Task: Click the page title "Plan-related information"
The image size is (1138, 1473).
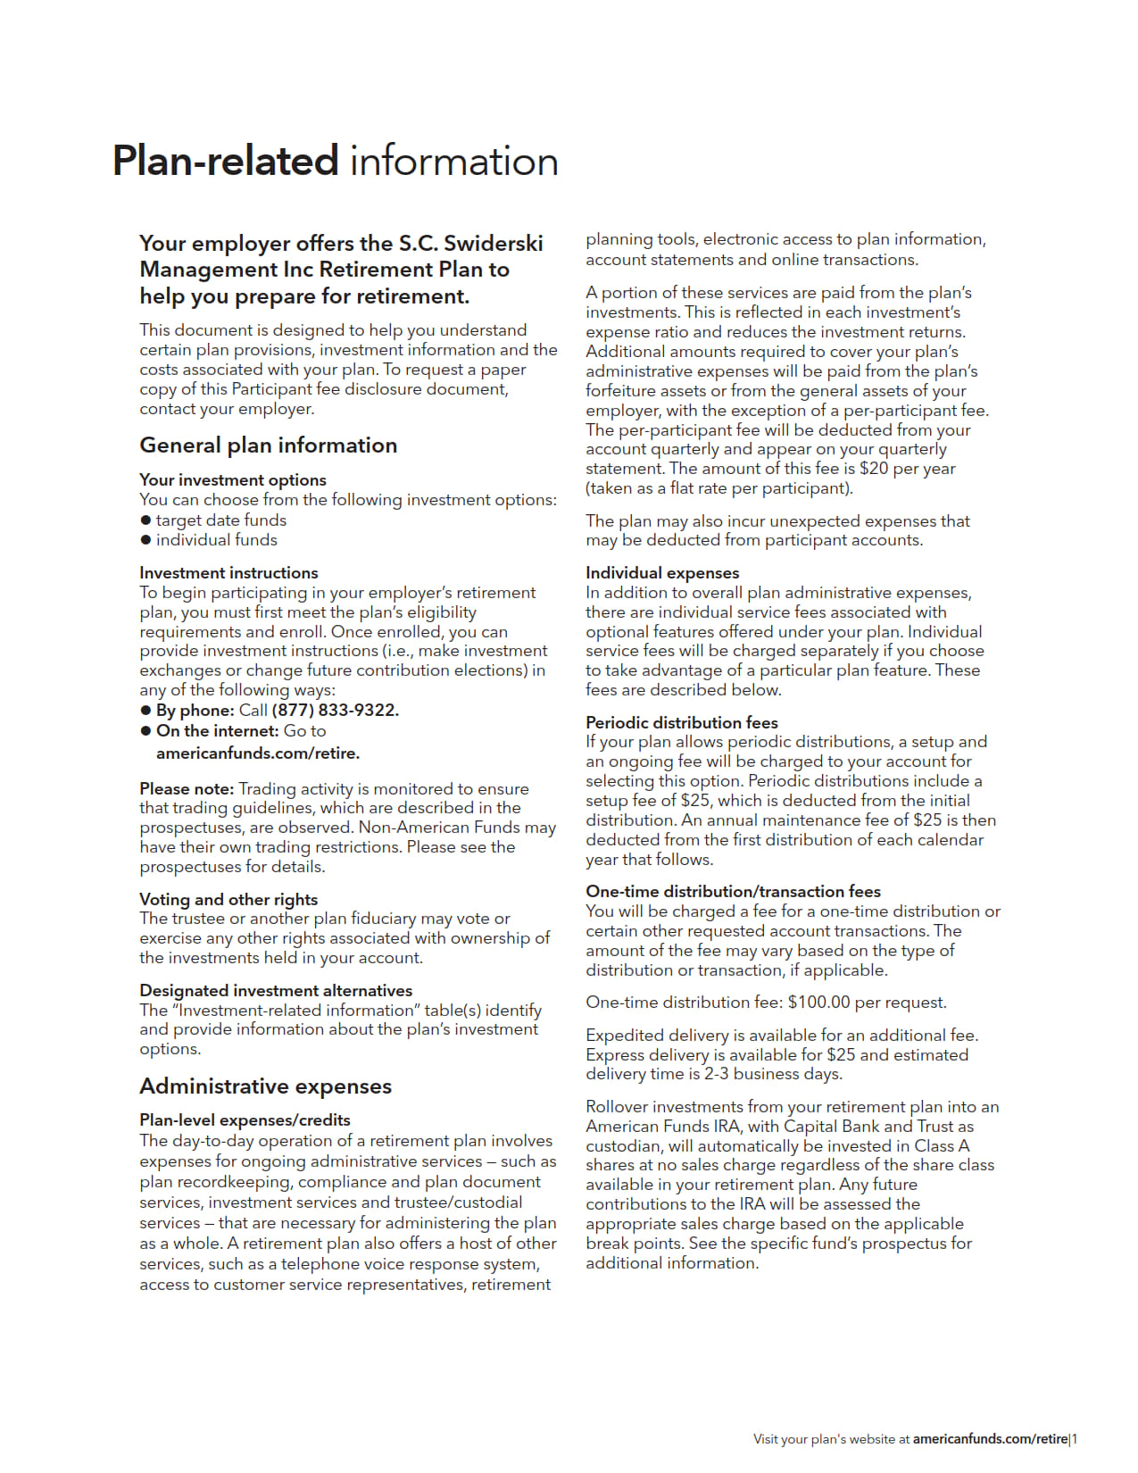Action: (x=335, y=162)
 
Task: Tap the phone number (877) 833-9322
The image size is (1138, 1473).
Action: (x=335, y=711)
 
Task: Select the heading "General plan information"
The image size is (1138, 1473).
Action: (x=268, y=445)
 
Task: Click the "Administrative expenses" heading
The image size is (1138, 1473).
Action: (x=265, y=1086)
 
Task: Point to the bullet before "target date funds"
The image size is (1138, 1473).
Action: (x=145, y=520)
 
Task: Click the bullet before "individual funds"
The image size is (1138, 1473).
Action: (x=145, y=540)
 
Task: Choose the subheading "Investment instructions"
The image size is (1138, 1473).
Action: (x=228, y=573)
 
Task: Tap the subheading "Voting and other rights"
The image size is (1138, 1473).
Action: (x=228, y=900)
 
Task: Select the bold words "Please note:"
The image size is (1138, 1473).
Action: (x=187, y=789)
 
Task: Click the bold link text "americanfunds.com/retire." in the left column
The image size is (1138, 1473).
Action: (x=258, y=753)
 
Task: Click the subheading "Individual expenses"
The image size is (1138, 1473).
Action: (x=662, y=573)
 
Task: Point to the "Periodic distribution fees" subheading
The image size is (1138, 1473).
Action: (x=682, y=723)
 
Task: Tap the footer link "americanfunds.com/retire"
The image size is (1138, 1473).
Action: (x=990, y=1439)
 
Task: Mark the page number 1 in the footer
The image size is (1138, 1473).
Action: (x=1075, y=1439)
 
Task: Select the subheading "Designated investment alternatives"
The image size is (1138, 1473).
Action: (x=276, y=991)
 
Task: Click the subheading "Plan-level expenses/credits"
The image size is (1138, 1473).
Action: (x=245, y=1120)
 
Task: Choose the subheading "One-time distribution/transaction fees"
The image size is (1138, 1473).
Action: (x=733, y=892)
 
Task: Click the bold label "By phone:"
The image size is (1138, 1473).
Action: (x=195, y=711)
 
